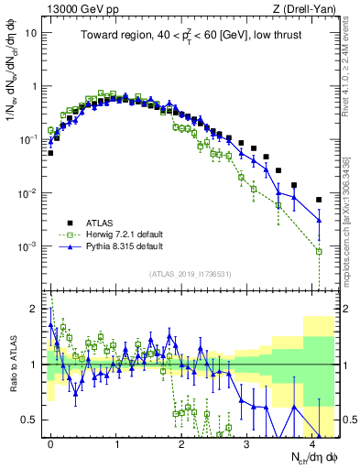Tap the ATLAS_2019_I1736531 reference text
click(191, 274)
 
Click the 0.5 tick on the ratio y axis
click(29, 420)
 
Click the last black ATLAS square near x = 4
click(319, 200)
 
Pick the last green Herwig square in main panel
click(319, 251)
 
